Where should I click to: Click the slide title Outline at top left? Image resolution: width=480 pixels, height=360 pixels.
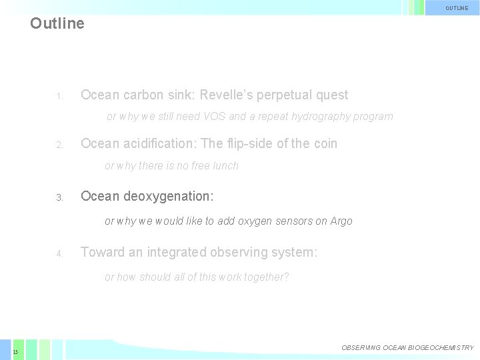tap(57, 23)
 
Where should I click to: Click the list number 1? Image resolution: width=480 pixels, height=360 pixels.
tap(59, 97)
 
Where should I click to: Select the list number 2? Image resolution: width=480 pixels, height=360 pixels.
tap(59, 145)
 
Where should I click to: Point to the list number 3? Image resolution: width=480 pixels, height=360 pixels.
tap(59, 198)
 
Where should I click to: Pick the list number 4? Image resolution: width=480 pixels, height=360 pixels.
tap(59, 253)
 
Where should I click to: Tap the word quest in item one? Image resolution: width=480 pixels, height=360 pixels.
tap(331, 95)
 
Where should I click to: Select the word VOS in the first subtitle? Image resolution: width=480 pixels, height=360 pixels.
tap(215, 117)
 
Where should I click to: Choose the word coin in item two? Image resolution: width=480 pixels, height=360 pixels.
tap(323, 143)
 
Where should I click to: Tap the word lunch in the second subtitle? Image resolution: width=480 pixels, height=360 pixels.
tap(223, 165)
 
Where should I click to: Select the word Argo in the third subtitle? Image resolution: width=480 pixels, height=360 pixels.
tap(341, 221)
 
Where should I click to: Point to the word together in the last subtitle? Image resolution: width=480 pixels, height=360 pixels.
tap(263, 277)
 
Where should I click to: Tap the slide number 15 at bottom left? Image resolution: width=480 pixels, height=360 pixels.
tap(15, 351)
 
